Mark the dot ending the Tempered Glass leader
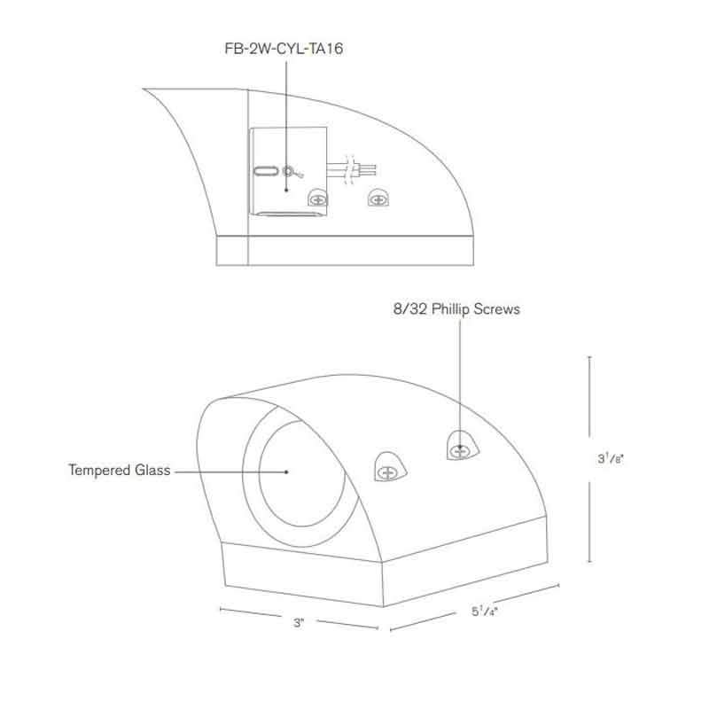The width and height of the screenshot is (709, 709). tap(286, 471)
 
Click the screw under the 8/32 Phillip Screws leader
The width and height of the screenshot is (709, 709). tap(459, 451)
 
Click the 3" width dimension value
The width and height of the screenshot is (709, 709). tap(299, 623)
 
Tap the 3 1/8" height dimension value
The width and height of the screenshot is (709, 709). tap(608, 459)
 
